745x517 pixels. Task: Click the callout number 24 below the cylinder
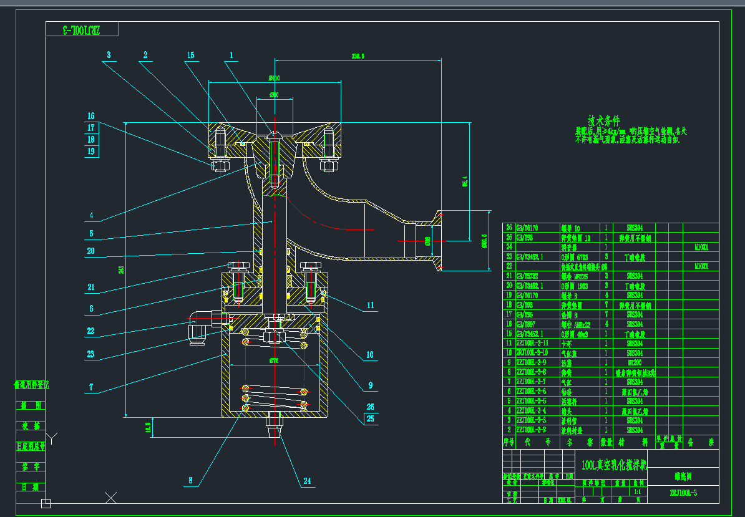click(306, 481)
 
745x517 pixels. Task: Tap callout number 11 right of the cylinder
click(371, 306)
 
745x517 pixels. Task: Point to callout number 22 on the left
click(90, 331)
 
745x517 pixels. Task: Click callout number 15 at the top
click(190, 56)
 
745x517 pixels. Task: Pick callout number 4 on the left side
click(90, 216)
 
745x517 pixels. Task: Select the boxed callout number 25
click(371, 418)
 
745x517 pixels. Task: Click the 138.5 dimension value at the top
click(358, 56)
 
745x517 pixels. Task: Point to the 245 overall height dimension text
click(122, 269)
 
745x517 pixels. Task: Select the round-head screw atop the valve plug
click(275, 133)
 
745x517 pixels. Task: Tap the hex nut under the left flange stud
click(220, 165)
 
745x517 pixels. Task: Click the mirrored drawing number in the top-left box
click(82, 30)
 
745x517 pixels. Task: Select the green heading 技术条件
click(604, 120)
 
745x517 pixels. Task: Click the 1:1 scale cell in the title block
click(636, 491)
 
